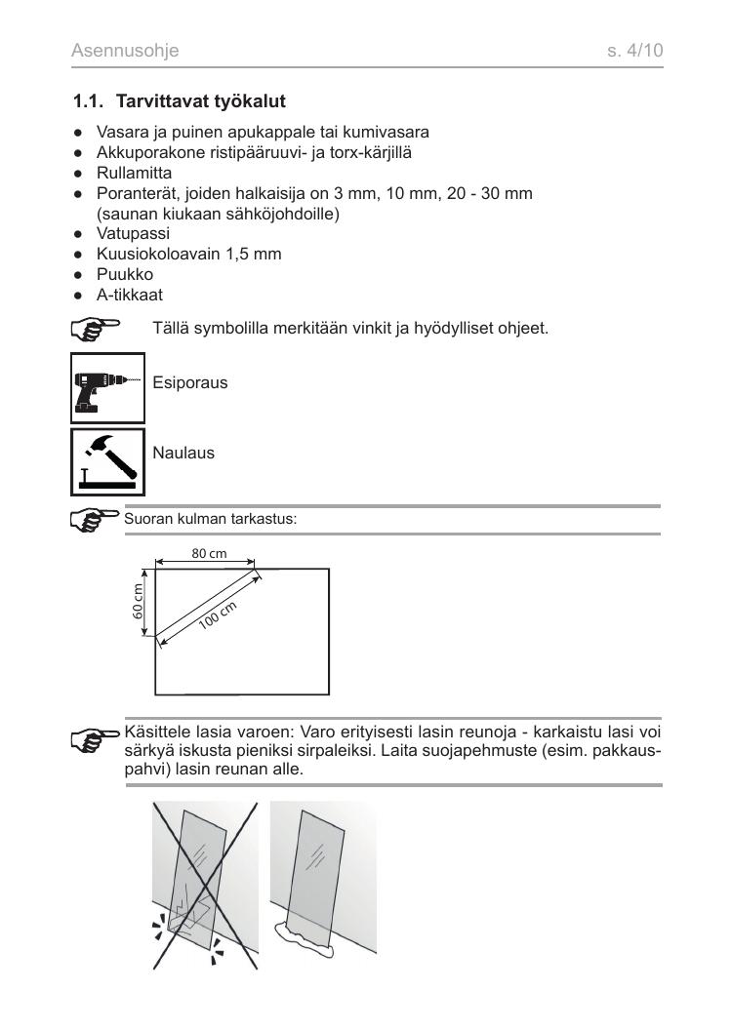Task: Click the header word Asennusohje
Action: tap(126, 49)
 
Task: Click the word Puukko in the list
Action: tap(124, 274)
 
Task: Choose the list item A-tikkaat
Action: tap(129, 293)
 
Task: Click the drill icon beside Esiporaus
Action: tap(108, 384)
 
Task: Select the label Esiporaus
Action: tap(190, 382)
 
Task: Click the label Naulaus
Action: tap(183, 454)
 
